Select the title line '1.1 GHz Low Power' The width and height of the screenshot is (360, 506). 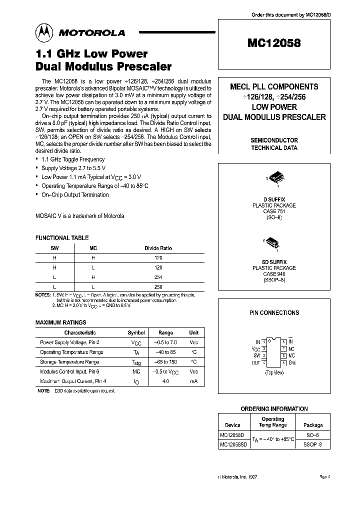(x=91, y=54)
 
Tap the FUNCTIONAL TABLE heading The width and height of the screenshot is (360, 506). (x=62, y=238)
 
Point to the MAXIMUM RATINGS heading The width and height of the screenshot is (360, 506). (x=60, y=322)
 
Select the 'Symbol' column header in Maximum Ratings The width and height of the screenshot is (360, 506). (x=136, y=332)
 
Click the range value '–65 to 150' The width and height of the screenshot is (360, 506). (x=165, y=362)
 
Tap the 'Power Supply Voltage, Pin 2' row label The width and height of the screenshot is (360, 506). (x=69, y=342)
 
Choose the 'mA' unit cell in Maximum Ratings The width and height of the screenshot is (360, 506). (x=193, y=381)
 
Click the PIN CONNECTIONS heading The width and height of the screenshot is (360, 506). (x=274, y=312)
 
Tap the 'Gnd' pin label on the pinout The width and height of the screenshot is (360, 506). (x=292, y=362)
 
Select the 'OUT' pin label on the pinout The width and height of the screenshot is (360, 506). (x=256, y=362)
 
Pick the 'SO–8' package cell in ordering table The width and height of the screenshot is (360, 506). (x=314, y=435)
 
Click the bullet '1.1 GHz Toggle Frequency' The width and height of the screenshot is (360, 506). (x=73, y=159)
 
